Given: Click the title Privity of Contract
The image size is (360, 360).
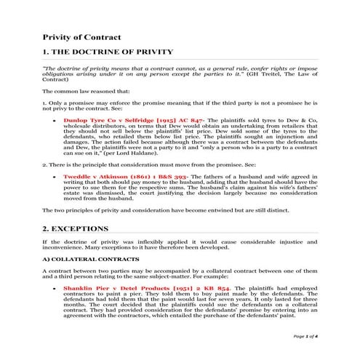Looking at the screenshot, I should [x=81, y=36].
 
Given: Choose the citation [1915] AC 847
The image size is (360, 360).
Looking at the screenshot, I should [x=167, y=116].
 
